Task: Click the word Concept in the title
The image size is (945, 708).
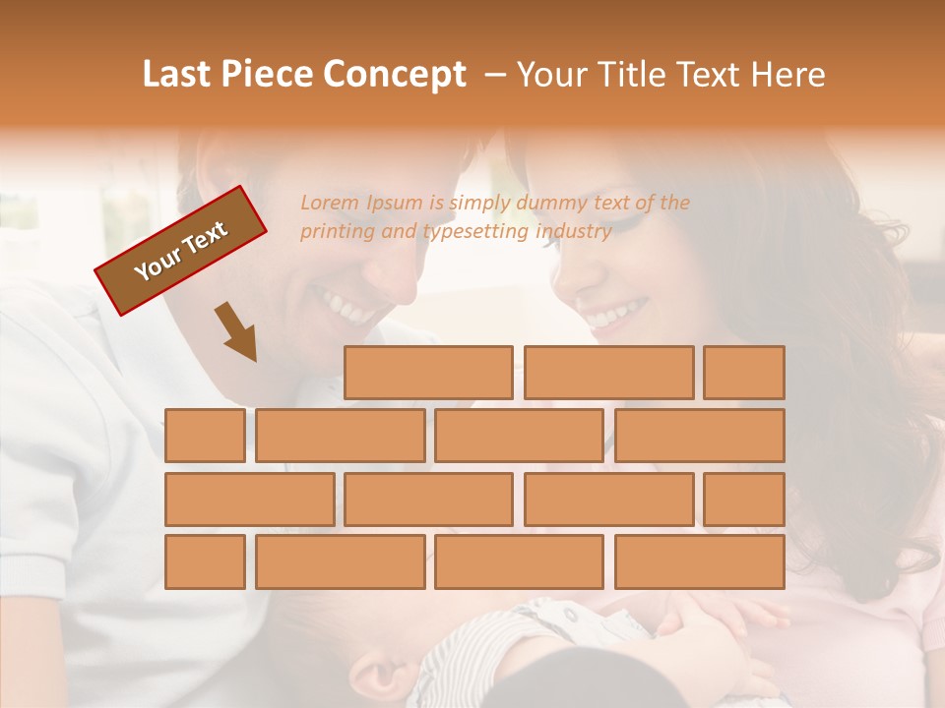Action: [x=395, y=75]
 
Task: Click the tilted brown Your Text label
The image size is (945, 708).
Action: [x=180, y=251]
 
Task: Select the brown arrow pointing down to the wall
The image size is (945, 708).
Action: [x=237, y=332]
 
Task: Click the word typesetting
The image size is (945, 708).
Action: [x=476, y=232]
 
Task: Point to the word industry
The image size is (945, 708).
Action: [x=574, y=232]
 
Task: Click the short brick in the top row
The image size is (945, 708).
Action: [x=743, y=373]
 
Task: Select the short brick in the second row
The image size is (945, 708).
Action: [x=205, y=436]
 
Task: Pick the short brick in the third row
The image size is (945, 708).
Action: [x=743, y=500]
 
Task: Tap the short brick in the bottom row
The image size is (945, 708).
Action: [x=205, y=562]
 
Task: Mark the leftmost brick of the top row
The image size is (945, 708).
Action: [x=428, y=373]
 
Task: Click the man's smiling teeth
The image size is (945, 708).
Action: [x=346, y=306]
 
